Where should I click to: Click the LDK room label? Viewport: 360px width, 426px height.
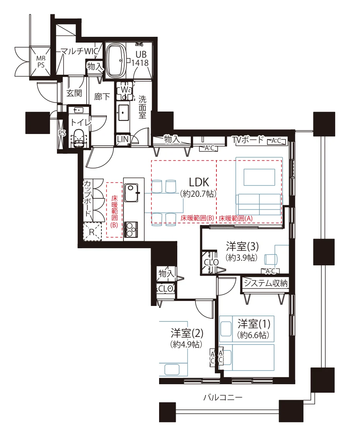[x=199, y=182]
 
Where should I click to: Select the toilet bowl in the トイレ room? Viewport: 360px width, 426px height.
[x=79, y=138]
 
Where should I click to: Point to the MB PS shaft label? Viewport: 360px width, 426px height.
[x=41, y=62]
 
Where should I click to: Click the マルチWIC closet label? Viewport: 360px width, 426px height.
[x=79, y=51]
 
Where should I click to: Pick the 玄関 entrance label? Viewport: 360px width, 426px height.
[x=74, y=93]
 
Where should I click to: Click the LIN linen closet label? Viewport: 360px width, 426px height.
[x=122, y=139]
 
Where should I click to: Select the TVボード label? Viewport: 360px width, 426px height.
[x=248, y=140]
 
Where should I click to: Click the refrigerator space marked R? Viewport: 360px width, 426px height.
[x=92, y=232]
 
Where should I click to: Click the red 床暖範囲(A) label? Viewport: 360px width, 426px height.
[x=236, y=218]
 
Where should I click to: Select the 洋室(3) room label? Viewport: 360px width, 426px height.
[x=242, y=246]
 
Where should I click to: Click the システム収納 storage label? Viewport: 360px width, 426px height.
[x=266, y=283]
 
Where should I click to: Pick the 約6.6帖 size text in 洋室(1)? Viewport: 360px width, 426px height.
[x=253, y=335]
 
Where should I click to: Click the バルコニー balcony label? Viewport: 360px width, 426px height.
[x=223, y=397]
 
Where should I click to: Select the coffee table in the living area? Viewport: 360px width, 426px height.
[x=259, y=177]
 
